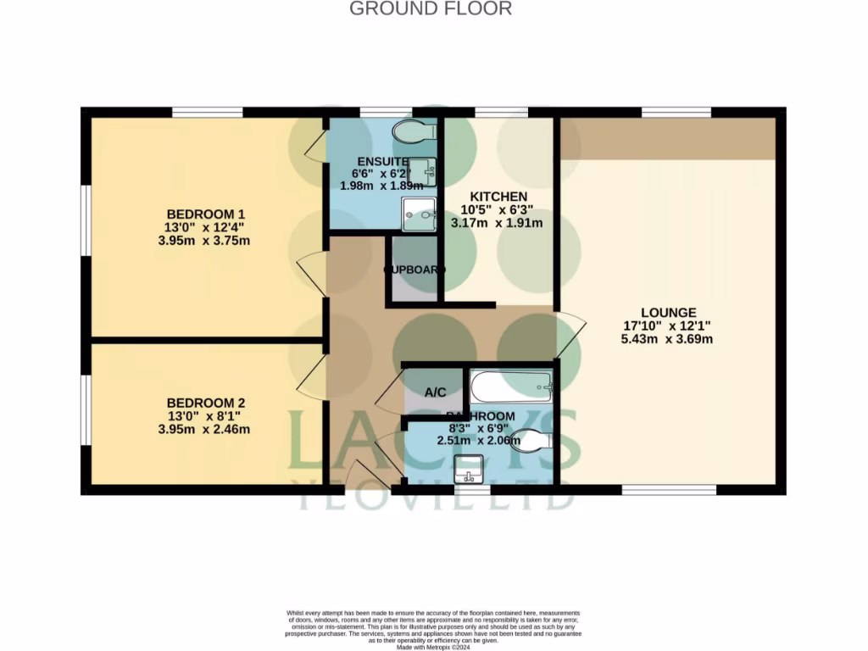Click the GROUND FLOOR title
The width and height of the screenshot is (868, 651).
(431, 9)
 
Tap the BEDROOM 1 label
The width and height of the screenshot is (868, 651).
(205, 214)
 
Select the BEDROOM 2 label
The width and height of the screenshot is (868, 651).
(205, 402)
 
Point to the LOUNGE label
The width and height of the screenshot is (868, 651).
(669, 312)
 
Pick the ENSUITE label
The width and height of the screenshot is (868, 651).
(383, 161)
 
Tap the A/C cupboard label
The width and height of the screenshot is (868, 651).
(435, 392)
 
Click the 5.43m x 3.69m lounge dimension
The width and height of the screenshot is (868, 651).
(669, 339)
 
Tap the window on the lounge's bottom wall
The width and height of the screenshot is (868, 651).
(668, 489)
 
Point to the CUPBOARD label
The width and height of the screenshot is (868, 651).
(415, 270)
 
